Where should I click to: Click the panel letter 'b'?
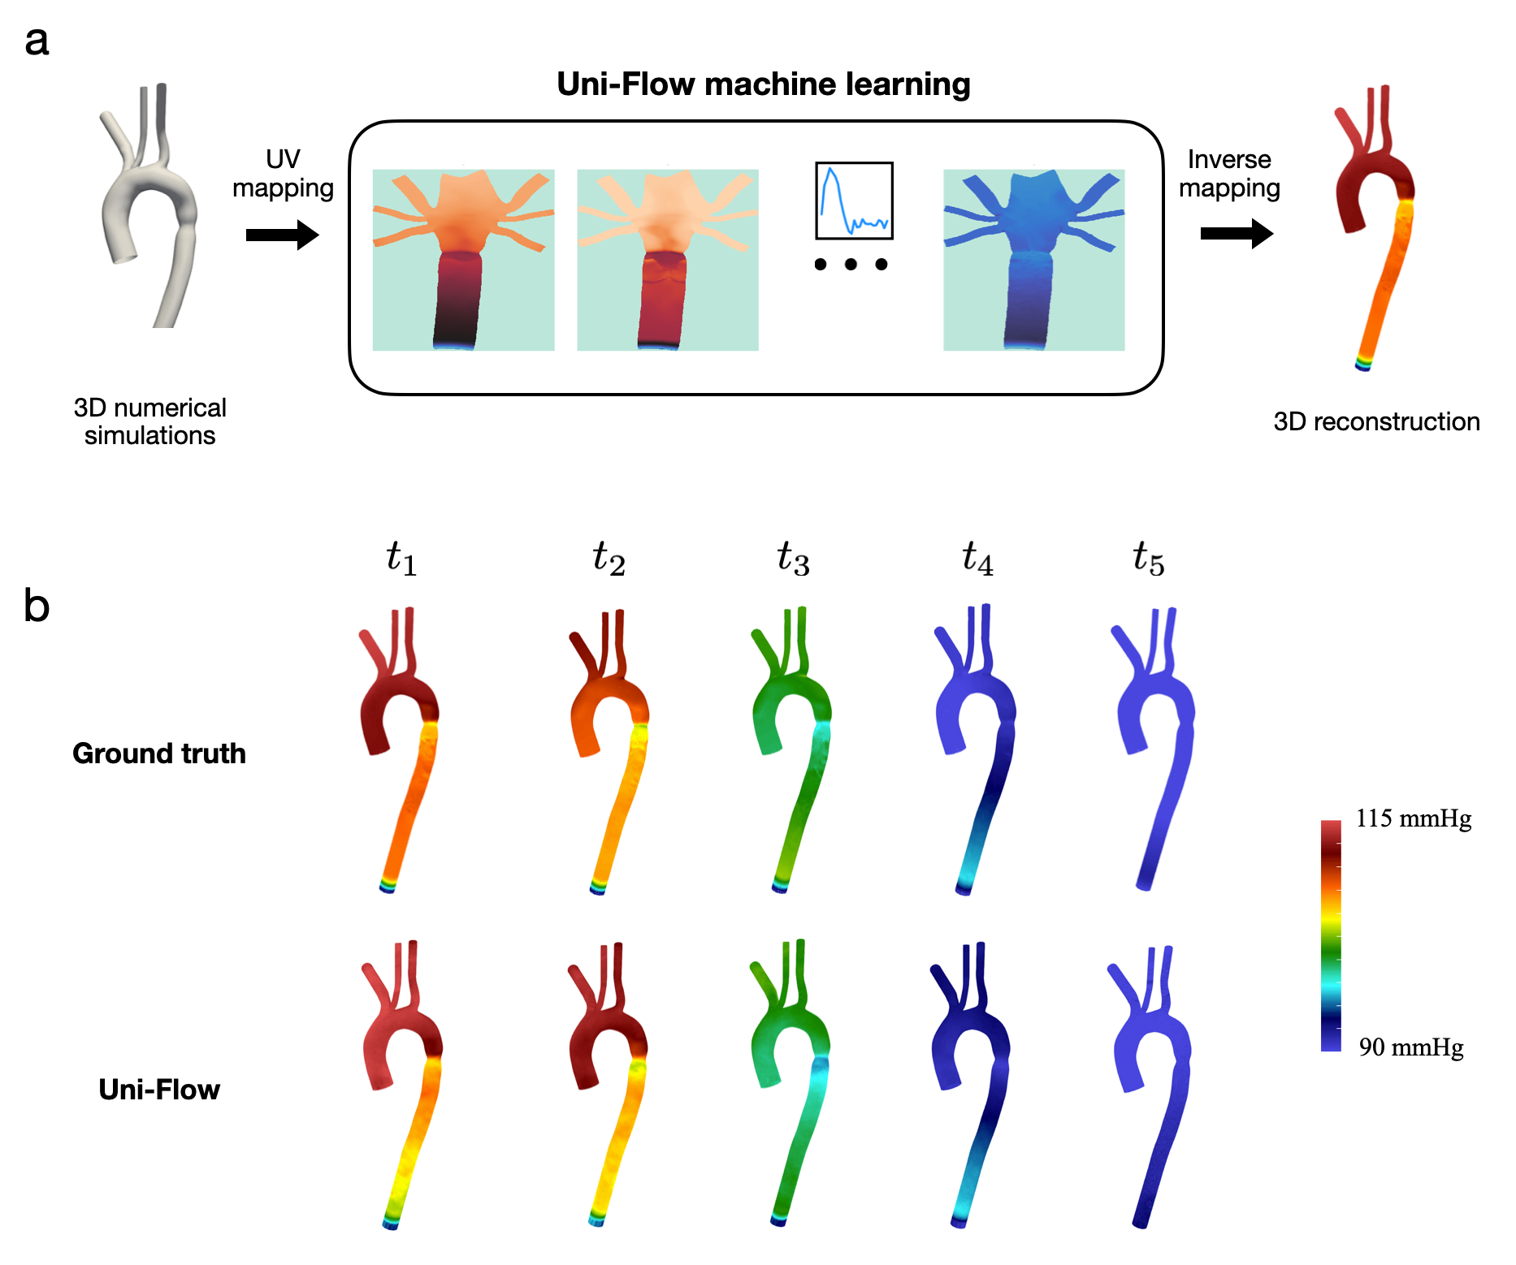(37, 607)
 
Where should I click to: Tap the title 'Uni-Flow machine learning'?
(763, 84)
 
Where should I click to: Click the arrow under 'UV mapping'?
(282, 235)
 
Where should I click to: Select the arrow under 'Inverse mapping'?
(1236, 234)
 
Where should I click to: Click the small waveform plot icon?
(854, 201)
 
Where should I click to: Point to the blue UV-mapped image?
(1033, 260)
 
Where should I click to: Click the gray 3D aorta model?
(150, 203)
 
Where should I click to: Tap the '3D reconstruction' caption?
(1376, 421)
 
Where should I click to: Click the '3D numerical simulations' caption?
(149, 421)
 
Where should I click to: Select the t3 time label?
(793, 559)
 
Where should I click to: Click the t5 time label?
(1149, 559)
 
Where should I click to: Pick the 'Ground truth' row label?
(159, 753)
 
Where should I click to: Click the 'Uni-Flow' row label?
(159, 1090)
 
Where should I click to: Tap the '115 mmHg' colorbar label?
(1413, 818)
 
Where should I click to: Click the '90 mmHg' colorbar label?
(1411, 1047)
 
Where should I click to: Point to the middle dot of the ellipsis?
(851, 264)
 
